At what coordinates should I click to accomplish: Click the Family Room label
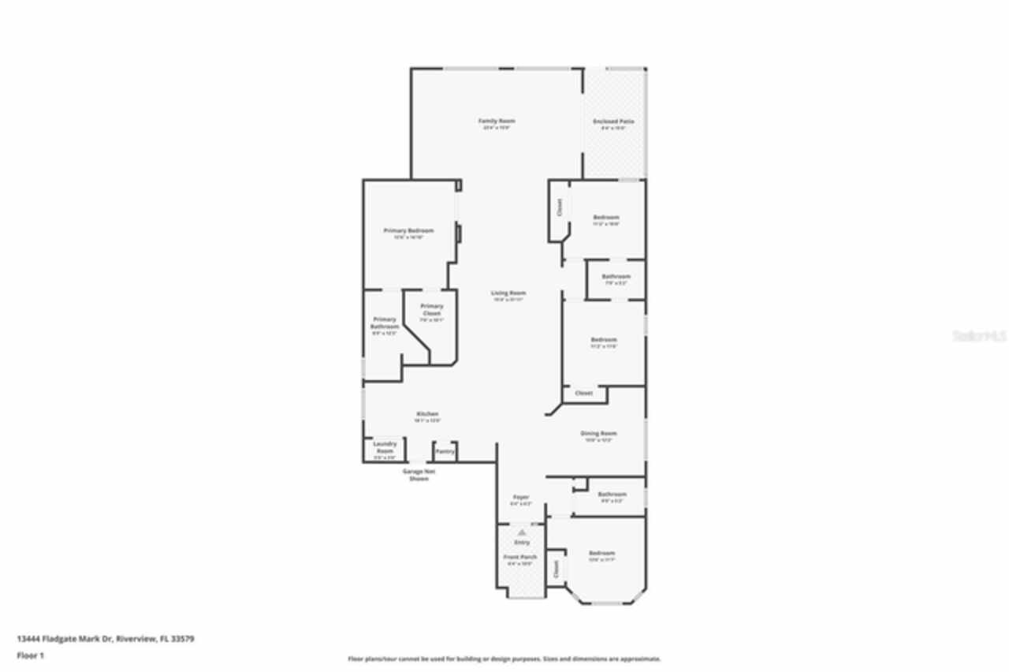click(x=497, y=121)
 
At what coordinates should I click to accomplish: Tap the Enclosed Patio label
click(x=613, y=121)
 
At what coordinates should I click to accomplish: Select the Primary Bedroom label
click(x=408, y=231)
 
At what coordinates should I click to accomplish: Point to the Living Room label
click(x=508, y=293)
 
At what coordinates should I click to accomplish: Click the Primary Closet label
click(x=431, y=309)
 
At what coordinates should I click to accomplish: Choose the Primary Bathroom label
click(x=384, y=323)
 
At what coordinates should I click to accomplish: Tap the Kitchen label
click(x=427, y=414)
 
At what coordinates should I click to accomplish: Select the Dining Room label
click(x=598, y=434)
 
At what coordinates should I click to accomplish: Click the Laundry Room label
click(x=384, y=447)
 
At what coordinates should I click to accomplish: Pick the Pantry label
click(x=445, y=452)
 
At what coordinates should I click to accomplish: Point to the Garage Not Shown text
click(x=419, y=475)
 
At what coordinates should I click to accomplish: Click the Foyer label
click(x=521, y=497)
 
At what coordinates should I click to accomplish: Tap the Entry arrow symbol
click(x=522, y=533)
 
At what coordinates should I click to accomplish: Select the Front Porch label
click(x=520, y=557)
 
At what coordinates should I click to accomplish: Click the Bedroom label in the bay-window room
click(x=601, y=554)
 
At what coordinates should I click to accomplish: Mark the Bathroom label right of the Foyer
click(x=612, y=495)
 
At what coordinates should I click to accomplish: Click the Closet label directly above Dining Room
click(x=583, y=393)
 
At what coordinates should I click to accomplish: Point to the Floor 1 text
click(x=31, y=655)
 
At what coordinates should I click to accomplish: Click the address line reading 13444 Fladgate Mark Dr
click(x=105, y=639)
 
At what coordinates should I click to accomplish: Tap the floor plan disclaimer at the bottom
click(x=504, y=659)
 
